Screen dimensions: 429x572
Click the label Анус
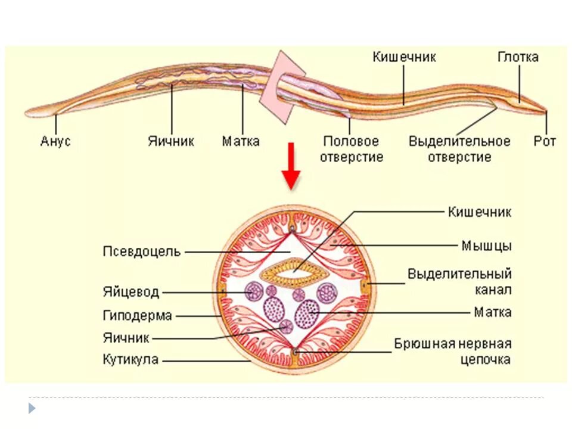[55, 142]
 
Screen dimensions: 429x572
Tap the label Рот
[545, 142]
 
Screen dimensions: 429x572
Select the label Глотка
[518, 57]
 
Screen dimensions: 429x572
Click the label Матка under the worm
[241, 142]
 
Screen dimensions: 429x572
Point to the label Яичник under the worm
[171, 142]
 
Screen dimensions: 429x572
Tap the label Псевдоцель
[141, 251]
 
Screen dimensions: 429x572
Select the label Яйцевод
[130, 292]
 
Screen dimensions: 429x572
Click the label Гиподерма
[137, 315]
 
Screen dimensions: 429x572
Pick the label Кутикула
[130, 360]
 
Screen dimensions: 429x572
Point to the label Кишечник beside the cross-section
[480, 212]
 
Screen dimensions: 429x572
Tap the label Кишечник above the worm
[405, 57]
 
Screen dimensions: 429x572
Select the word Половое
[351, 142]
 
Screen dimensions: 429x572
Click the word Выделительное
[459, 142]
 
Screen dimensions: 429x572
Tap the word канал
[493, 290]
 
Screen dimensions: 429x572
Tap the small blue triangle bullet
[32, 408]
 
